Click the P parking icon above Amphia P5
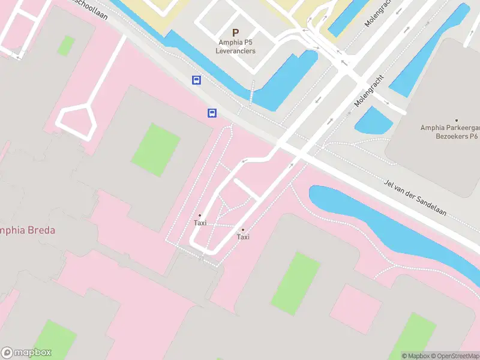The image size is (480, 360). (235, 33)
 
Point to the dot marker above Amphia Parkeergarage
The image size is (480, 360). (456, 120)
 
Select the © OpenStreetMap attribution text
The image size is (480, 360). (455, 356)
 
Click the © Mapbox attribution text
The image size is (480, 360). (415, 356)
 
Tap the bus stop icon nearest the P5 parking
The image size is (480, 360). (196, 80)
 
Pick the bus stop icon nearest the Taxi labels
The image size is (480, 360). (212, 113)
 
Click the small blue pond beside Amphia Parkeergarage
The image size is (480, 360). (373, 120)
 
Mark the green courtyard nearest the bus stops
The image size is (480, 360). (156, 150)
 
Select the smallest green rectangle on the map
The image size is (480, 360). (66, 45)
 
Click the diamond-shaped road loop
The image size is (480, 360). (76, 119)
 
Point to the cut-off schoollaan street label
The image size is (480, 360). (90, 7)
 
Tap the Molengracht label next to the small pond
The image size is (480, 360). (368, 93)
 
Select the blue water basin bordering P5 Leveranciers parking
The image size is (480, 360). (285, 81)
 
